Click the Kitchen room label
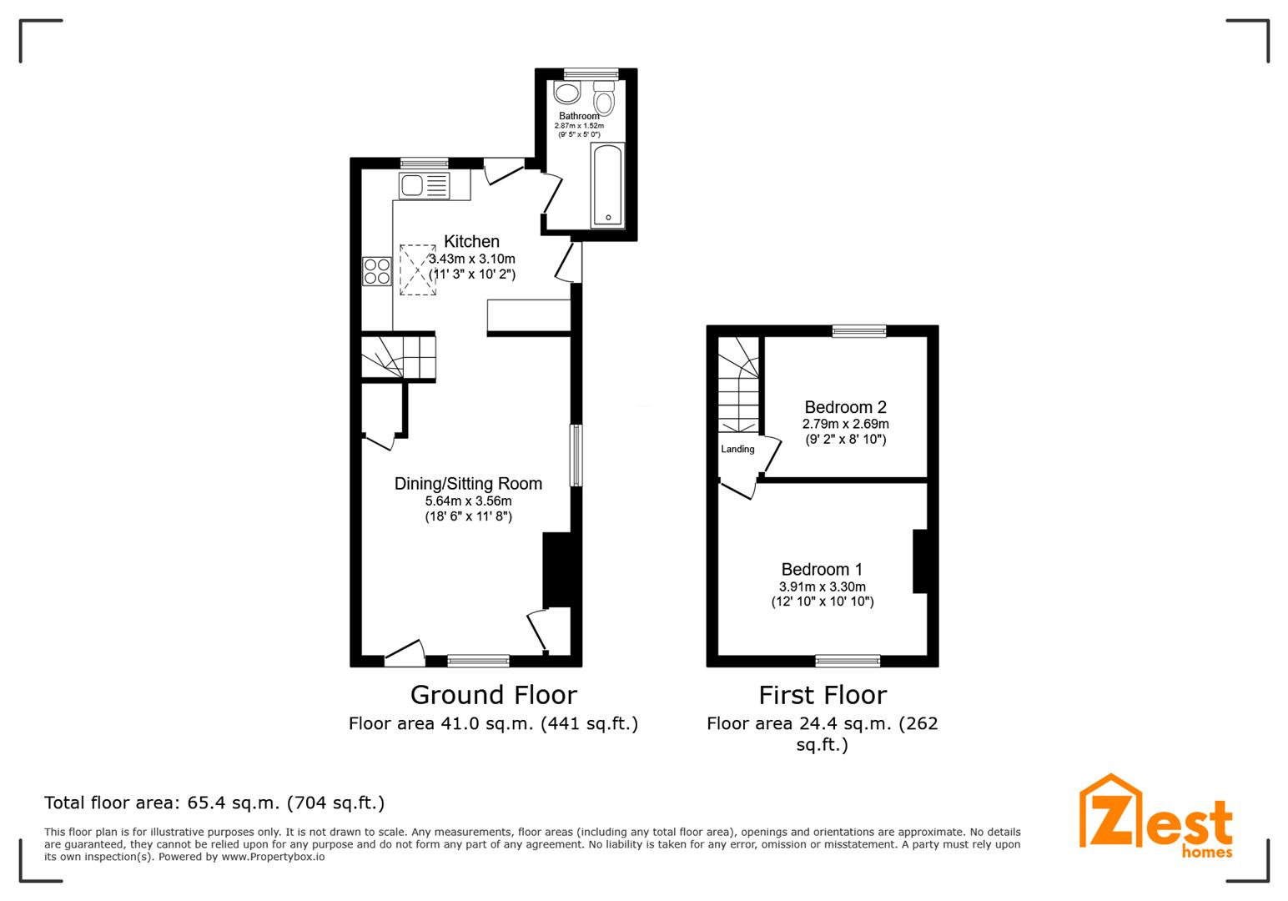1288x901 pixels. coord(471,242)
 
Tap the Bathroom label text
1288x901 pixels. coord(579,116)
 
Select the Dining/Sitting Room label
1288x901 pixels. coord(468,484)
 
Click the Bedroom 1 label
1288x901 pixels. coord(822,570)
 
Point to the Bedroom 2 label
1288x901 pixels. coord(845,408)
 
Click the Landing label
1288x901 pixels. coord(737,450)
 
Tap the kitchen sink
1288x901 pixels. coord(424,185)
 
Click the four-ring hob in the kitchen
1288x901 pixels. coord(377,271)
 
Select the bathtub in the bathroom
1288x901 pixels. coord(607,185)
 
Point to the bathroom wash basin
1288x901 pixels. coord(568,91)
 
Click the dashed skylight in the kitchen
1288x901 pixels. coord(418,269)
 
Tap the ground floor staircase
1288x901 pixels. coord(398,358)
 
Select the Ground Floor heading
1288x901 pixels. coord(493,695)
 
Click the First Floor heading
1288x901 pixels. coord(822,695)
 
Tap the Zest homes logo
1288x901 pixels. coord(1155,818)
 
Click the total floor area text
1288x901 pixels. coord(214,803)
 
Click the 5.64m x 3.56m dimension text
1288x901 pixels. coord(468,501)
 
